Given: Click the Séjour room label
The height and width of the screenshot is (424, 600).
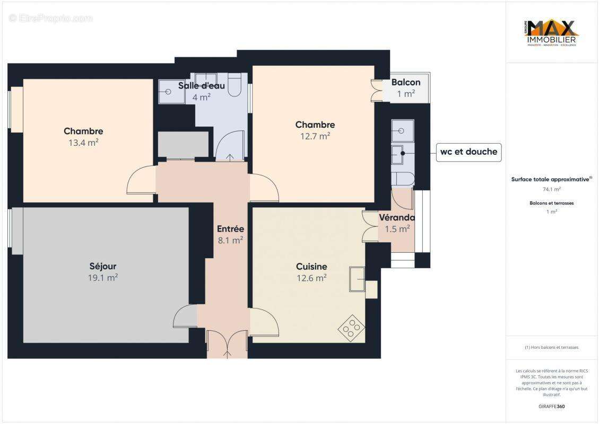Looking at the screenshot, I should (x=102, y=266).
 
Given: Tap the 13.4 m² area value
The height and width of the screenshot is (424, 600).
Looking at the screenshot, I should (x=83, y=142).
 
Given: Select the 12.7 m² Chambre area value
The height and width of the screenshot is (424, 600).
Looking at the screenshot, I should (x=315, y=136).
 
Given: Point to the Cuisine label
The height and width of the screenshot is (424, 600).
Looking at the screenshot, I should (x=311, y=267).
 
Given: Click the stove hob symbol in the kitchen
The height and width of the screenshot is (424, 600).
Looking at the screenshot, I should (x=351, y=328).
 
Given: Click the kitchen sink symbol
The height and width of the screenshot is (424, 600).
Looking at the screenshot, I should (x=357, y=279).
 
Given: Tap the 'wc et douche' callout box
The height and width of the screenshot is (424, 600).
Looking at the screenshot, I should (x=468, y=152).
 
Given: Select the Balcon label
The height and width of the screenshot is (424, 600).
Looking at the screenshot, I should (x=406, y=82).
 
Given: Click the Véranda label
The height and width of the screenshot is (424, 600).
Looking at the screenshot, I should (x=396, y=218).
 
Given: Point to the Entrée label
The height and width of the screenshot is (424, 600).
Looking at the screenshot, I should (x=230, y=229).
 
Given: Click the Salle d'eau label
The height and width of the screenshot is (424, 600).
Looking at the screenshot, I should (x=201, y=86).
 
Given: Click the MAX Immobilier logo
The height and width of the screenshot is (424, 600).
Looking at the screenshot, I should (x=552, y=33).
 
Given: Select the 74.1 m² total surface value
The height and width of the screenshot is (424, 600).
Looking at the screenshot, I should (x=552, y=189).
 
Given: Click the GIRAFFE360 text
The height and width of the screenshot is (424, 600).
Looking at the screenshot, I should (x=552, y=407).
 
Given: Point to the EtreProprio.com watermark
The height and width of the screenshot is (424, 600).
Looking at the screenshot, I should (x=51, y=19).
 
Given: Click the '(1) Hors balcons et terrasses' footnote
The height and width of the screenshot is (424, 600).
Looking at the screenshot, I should (x=552, y=347).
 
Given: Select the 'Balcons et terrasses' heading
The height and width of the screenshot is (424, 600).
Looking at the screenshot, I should (x=552, y=203).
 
